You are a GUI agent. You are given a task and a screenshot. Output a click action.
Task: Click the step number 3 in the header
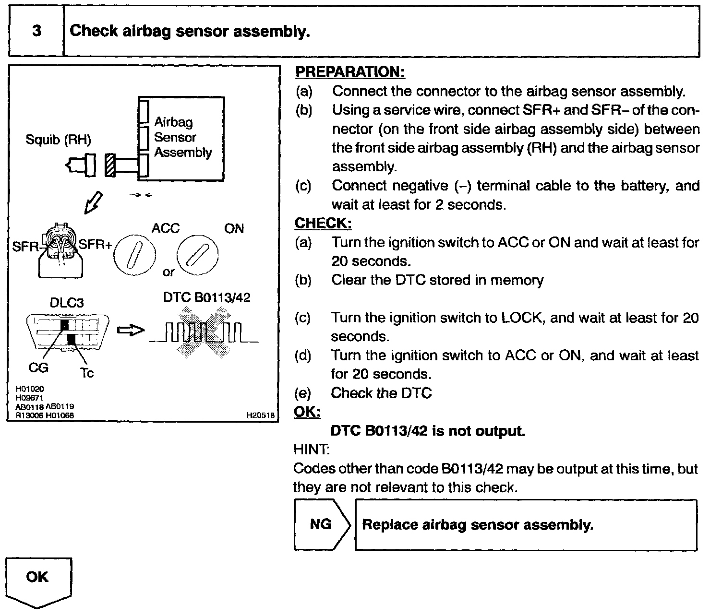click(x=36, y=31)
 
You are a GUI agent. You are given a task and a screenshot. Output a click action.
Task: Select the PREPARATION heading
click(x=350, y=72)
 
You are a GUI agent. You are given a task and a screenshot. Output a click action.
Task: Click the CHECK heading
click(x=323, y=223)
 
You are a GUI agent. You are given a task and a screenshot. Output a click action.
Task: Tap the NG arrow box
click(x=321, y=524)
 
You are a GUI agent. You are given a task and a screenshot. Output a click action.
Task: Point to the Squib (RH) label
click(x=58, y=140)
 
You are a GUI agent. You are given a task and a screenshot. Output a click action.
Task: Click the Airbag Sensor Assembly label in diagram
click(x=182, y=137)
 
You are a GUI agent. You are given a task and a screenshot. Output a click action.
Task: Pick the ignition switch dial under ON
click(x=197, y=255)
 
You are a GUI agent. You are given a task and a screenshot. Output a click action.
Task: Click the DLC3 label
click(x=67, y=303)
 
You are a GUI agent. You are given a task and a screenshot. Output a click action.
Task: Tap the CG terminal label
click(x=38, y=367)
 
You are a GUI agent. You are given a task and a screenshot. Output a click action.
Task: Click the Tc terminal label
click(x=87, y=373)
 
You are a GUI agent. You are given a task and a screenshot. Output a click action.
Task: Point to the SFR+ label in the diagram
click(x=95, y=245)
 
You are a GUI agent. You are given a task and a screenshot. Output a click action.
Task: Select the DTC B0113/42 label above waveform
click(x=207, y=297)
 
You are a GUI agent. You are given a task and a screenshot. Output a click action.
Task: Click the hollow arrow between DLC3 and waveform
click(x=131, y=331)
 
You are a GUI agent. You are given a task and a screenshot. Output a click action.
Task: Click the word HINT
click(x=311, y=450)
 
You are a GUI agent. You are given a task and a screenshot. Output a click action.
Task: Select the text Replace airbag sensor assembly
click(x=477, y=524)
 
